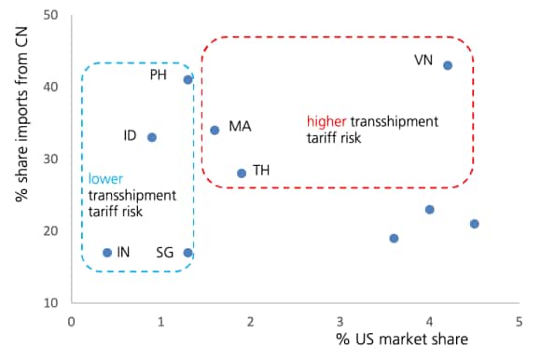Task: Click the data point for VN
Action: coord(448,65)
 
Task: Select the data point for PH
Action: coord(188,79)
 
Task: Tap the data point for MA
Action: coord(215,130)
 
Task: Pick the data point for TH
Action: coord(242,173)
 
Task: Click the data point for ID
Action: coord(152,137)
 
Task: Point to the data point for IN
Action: coord(107,253)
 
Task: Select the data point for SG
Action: coord(188,253)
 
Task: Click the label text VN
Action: coord(423,61)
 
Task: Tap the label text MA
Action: coord(240,126)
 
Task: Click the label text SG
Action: coord(166,253)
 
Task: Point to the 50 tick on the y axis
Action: coord(51,16)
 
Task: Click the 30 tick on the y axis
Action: coord(51,159)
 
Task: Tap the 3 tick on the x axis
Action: coord(340,321)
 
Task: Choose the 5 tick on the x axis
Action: coord(520,321)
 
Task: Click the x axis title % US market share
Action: coord(402,341)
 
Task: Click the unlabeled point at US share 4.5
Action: coord(475,224)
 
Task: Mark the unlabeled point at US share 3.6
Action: coord(394,238)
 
